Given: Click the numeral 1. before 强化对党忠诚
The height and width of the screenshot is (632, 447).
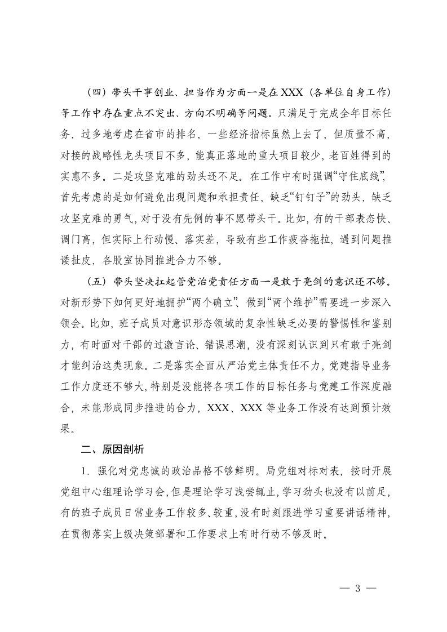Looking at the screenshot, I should (83, 470).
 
